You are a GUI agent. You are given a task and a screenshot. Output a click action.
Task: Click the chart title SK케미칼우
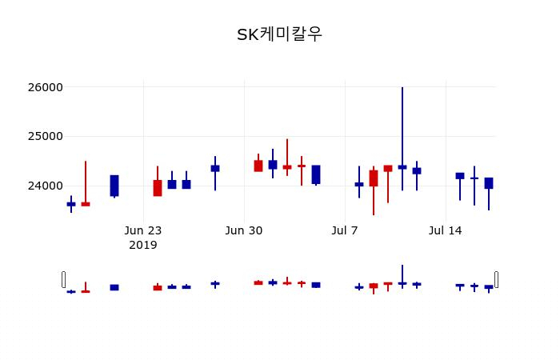coord(279,34)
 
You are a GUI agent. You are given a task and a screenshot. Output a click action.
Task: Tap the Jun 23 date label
coord(143,230)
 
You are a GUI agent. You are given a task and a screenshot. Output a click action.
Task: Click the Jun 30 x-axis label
coord(244,230)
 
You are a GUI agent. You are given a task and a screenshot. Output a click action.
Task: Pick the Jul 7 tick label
coord(345,230)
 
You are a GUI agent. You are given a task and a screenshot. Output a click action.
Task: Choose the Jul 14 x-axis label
coord(446,230)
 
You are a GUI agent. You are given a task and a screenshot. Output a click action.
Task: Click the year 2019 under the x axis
coord(143,245)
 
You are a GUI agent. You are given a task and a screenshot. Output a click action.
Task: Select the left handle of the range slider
coord(63,279)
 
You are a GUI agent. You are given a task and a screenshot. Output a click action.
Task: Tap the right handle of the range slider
coord(496,279)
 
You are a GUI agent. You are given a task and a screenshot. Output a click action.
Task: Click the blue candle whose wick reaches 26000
coord(402,167)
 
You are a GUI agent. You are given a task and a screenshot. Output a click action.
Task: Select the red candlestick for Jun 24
coord(158,188)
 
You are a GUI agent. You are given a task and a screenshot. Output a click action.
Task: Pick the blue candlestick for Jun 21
coord(114,186)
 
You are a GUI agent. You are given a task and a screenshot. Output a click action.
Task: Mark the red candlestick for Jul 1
coord(258,166)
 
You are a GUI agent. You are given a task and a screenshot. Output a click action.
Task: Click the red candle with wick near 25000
coord(287,167)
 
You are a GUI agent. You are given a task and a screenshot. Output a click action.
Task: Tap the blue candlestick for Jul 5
coord(316,174)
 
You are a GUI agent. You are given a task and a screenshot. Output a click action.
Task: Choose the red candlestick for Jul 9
coord(374,178)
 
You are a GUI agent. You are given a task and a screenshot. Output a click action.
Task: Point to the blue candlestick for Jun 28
coord(215,168)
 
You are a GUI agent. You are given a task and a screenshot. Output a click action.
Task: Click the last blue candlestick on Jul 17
coord(489,183)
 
